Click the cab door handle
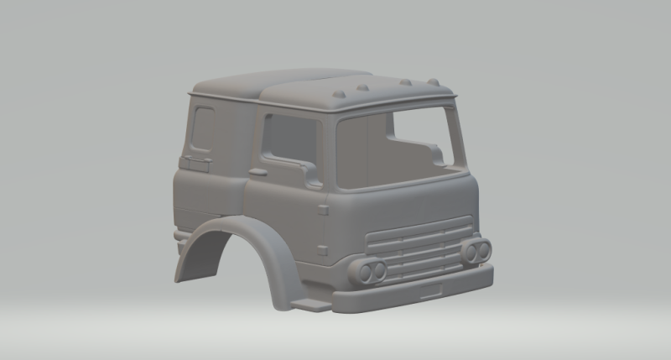[257, 172]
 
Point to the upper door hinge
[323, 210]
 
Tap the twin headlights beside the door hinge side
[371, 270]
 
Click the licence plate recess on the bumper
[431, 290]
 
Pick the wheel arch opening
[222, 269]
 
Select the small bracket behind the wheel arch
[179, 237]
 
